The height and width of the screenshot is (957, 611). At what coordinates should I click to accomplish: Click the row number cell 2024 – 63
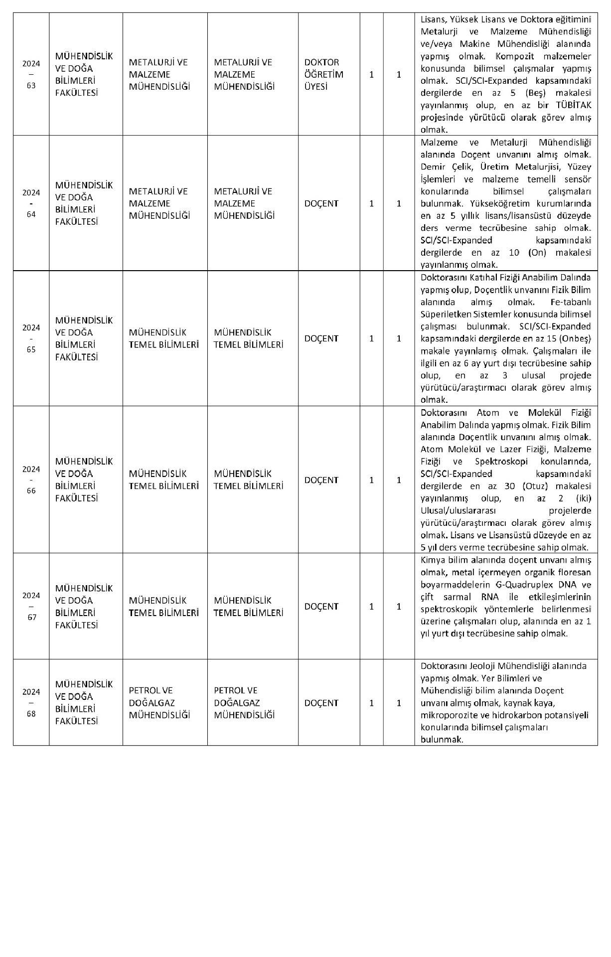coord(31,74)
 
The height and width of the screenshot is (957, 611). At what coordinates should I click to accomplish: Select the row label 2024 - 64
coord(31,203)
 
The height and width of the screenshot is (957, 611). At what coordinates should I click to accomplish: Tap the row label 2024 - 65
coord(31,338)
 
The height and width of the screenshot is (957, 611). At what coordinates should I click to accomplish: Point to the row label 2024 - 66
coord(31,480)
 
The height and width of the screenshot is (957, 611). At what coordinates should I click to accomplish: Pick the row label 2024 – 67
coord(31,607)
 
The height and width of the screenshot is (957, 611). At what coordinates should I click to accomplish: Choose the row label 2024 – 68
coord(31,703)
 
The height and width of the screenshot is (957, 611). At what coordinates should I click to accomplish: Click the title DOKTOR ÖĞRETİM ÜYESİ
coord(324,74)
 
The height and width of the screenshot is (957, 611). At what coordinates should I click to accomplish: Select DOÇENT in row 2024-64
coord(321,203)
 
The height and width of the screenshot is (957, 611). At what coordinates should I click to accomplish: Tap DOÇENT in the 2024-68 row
coord(321,703)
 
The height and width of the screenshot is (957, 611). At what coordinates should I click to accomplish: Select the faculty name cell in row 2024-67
coord(84,607)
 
